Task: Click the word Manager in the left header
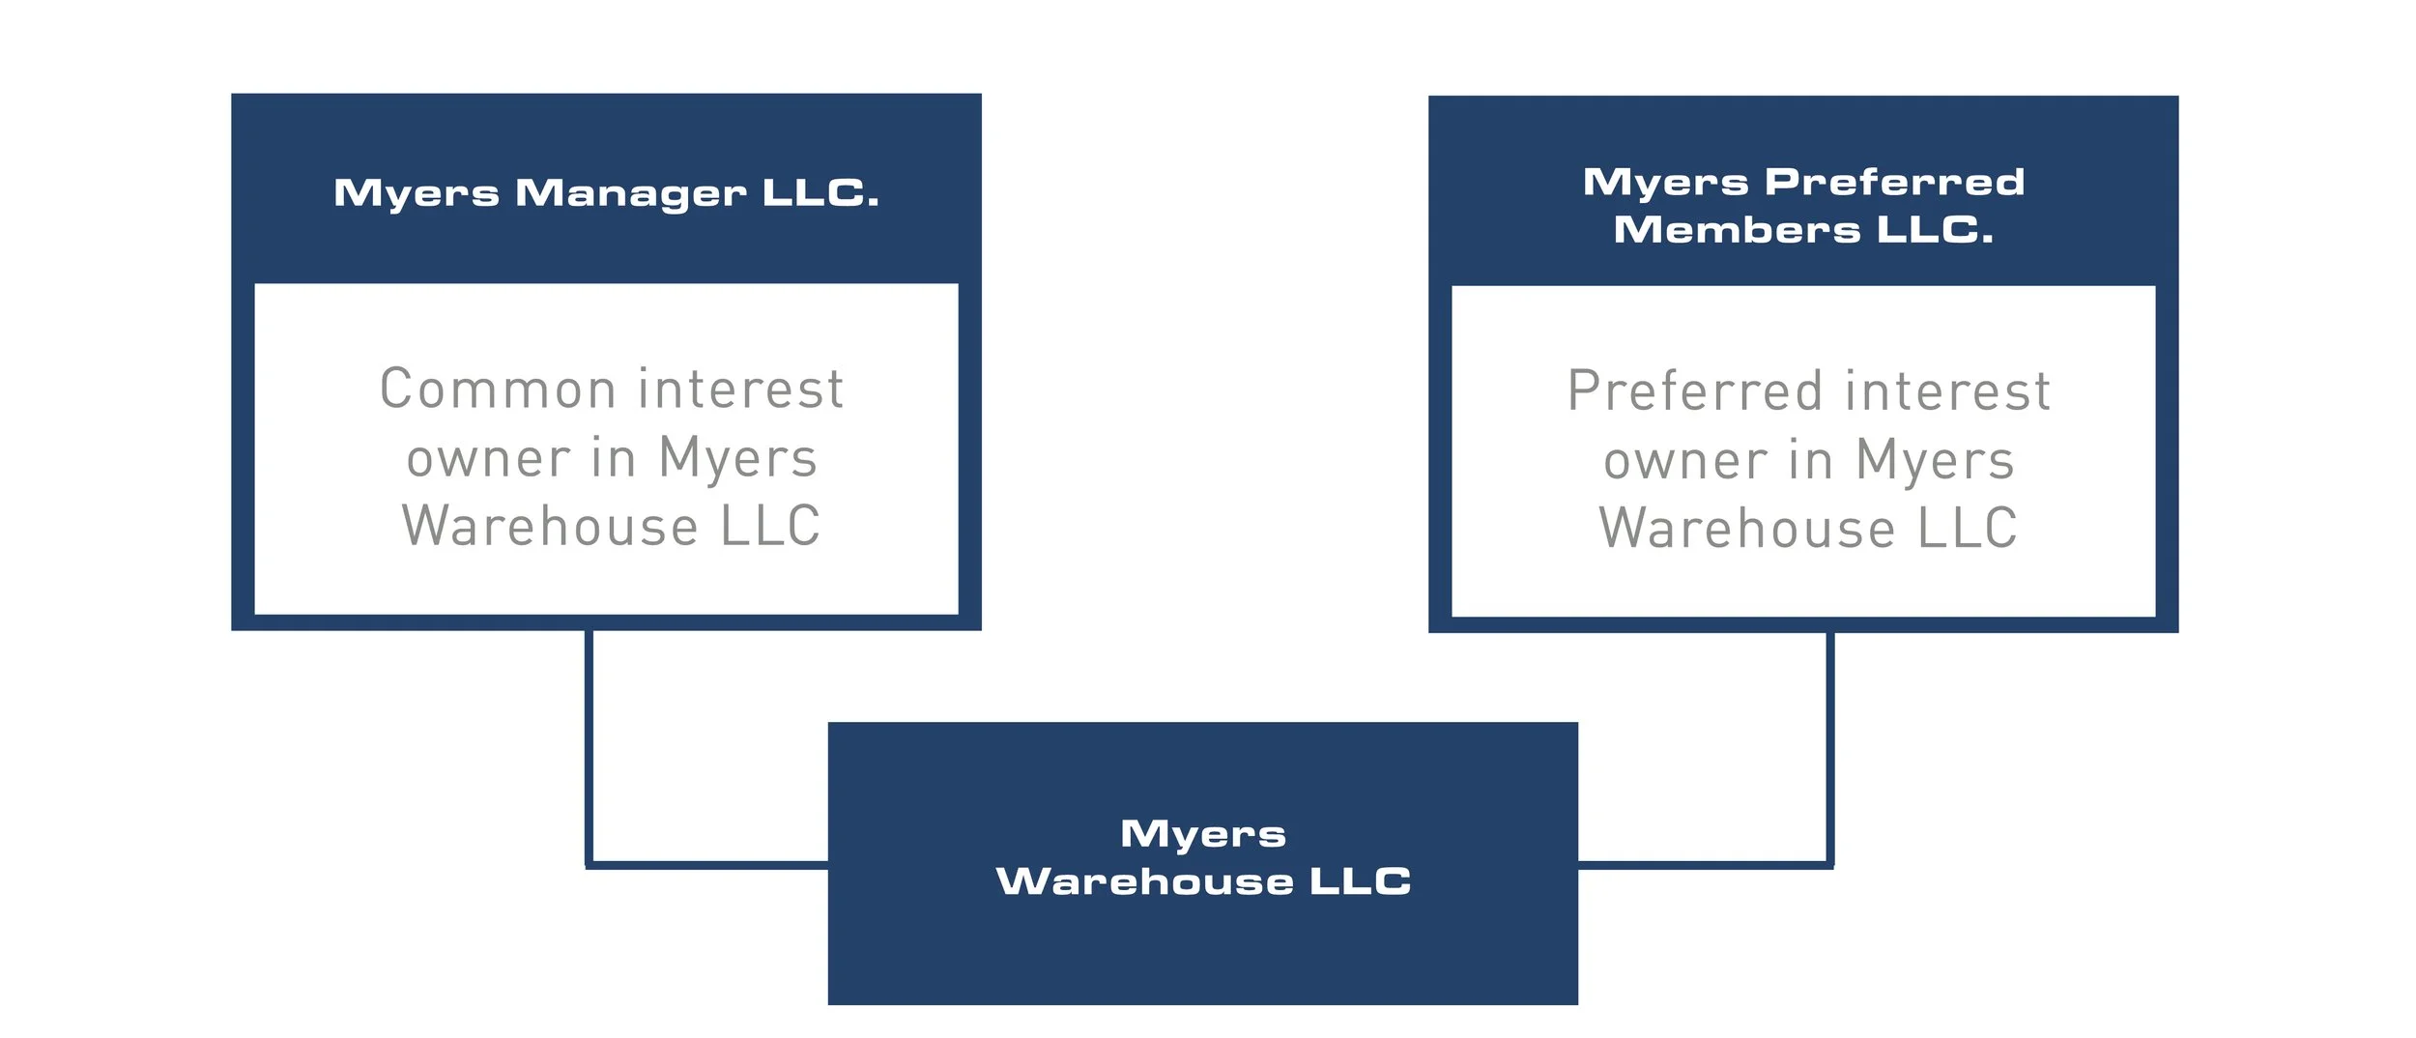(630, 193)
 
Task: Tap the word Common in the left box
(498, 389)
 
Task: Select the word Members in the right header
(1737, 230)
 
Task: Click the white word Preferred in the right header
(1894, 182)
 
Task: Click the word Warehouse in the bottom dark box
(1144, 881)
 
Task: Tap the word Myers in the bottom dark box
(1203, 834)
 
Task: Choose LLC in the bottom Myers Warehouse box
(1360, 881)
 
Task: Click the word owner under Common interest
(489, 459)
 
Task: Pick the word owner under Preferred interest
(1686, 461)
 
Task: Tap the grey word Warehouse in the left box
(550, 527)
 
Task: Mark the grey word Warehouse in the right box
(1747, 529)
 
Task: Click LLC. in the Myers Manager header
(820, 193)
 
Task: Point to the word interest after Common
(741, 389)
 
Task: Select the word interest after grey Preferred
(1947, 391)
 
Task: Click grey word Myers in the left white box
(737, 459)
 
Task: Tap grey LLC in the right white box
(1968, 529)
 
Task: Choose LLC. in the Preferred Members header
(1935, 230)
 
